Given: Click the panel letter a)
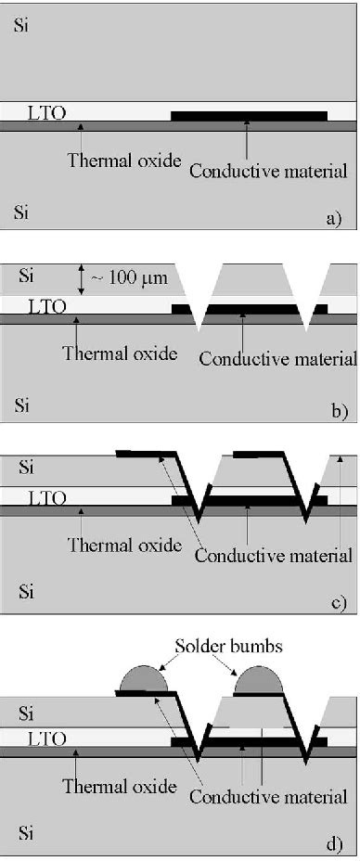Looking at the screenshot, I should click(x=335, y=219).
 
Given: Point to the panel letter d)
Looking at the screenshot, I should click(x=335, y=843).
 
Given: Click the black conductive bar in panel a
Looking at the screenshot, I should click(x=250, y=116).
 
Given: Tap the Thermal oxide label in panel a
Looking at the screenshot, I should click(x=109, y=159).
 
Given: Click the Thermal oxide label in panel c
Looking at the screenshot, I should click(x=124, y=545).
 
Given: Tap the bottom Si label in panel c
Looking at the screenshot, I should click(x=24, y=590).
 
